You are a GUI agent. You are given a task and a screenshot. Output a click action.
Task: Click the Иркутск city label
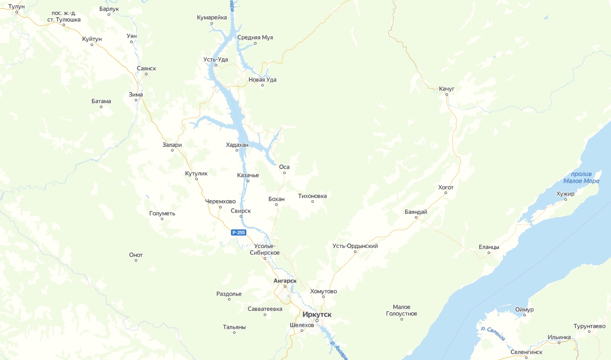click(x=317, y=314)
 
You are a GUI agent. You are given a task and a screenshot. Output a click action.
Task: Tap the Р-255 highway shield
click(x=239, y=232)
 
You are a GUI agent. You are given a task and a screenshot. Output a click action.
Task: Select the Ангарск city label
click(x=285, y=281)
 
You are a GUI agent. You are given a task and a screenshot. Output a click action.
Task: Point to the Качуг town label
click(x=447, y=89)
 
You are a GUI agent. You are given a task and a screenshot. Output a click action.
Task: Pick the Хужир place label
click(x=565, y=194)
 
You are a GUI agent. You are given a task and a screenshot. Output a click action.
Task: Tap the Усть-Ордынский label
click(x=355, y=246)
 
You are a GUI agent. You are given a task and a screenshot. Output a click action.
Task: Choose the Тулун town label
click(x=16, y=6)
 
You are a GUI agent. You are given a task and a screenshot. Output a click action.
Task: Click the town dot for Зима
click(x=136, y=100)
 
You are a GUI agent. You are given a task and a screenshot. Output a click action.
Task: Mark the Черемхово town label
click(x=220, y=201)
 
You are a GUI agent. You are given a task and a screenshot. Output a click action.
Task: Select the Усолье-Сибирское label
click(x=264, y=249)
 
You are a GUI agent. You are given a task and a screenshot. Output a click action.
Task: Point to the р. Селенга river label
click(x=493, y=333)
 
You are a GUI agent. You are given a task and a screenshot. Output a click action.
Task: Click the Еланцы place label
click(x=489, y=247)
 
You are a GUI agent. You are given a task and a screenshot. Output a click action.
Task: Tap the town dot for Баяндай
click(x=416, y=218)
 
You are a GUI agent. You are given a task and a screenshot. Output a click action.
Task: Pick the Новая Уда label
click(x=262, y=79)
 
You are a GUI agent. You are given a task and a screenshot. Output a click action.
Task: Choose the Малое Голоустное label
click(x=402, y=310)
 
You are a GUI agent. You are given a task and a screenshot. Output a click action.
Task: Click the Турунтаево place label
click(x=589, y=326)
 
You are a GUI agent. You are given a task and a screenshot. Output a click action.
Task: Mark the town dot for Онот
click(x=136, y=261)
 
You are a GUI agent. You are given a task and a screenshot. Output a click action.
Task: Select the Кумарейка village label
click(x=212, y=17)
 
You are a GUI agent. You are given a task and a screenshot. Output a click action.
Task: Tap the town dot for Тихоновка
click(x=312, y=202)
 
